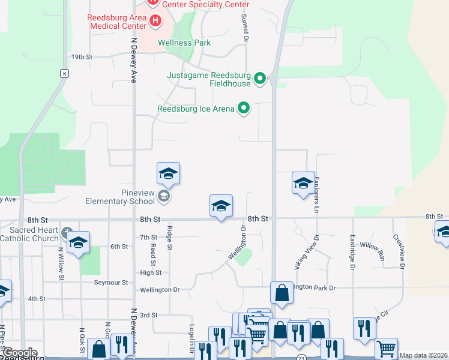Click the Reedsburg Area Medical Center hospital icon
(x=155, y=22)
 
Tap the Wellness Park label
(x=184, y=43)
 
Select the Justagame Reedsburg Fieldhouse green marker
(x=260, y=79)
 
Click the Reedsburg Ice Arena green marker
(x=244, y=109)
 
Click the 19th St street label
(x=82, y=57)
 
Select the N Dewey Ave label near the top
(x=134, y=60)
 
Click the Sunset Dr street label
(x=245, y=28)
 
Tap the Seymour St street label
(x=111, y=282)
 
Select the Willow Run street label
(x=372, y=246)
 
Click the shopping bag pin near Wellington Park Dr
(x=282, y=293)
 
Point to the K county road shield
(x=64, y=73)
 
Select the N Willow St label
(x=61, y=257)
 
